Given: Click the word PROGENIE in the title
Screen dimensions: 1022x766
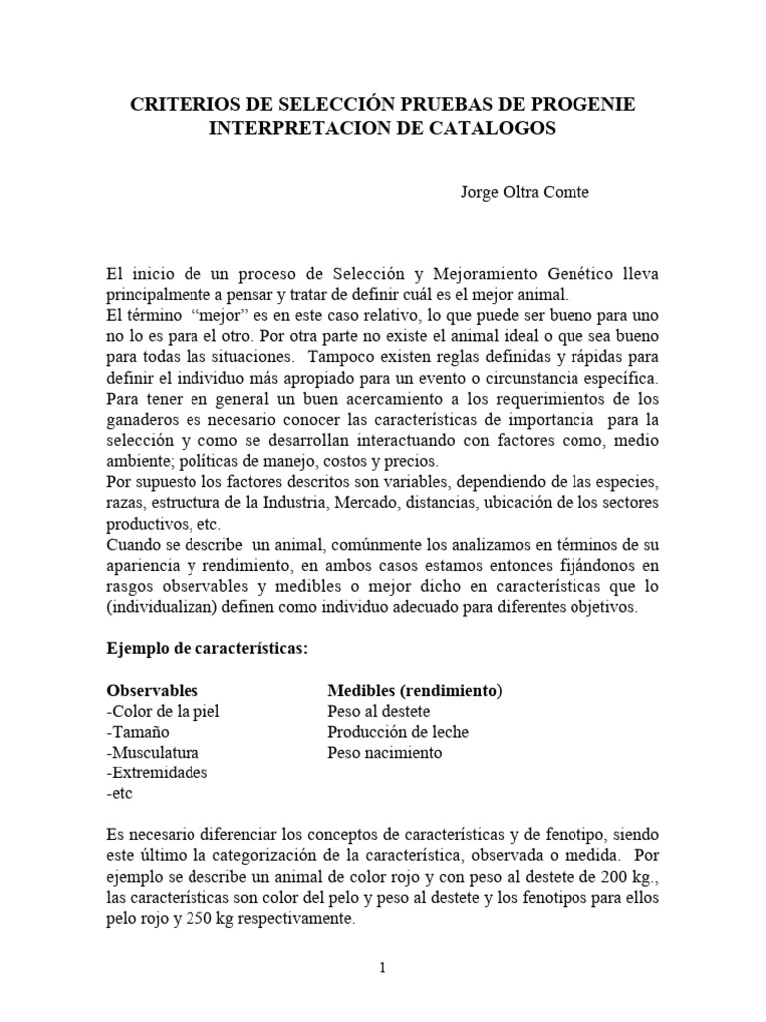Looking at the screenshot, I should [x=584, y=105].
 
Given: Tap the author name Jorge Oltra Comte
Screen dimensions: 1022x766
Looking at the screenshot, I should [x=524, y=192].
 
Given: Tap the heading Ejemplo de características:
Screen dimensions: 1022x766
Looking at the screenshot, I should [x=208, y=648].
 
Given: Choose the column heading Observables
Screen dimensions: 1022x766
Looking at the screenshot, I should [x=152, y=690].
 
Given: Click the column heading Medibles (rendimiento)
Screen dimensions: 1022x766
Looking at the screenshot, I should [x=415, y=690].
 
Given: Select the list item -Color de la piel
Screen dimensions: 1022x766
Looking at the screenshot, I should [x=162, y=711].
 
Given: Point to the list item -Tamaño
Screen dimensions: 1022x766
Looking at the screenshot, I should [x=134, y=732].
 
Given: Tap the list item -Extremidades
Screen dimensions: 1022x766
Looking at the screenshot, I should [x=156, y=772].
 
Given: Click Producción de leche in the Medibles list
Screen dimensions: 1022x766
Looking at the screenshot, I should [x=398, y=732].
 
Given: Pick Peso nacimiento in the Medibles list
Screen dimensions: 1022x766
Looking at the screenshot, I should [x=384, y=752].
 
